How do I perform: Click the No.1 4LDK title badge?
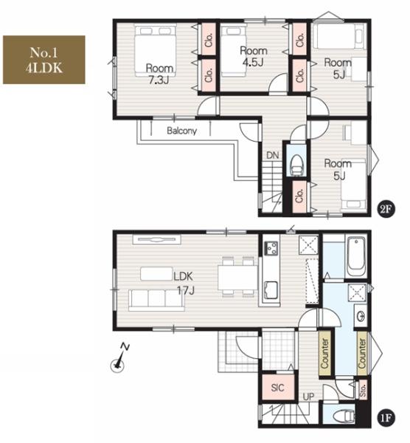(44, 60)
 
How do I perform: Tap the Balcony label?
(181, 131)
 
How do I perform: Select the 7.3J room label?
(159, 75)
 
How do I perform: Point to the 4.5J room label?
(254, 57)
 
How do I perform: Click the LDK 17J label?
(184, 283)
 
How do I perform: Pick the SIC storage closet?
(278, 388)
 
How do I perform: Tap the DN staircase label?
(273, 155)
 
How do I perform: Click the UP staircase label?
(308, 396)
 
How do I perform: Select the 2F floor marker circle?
(386, 210)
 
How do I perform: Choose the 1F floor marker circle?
(386, 418)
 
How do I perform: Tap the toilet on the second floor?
(296, 165)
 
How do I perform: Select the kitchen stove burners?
(271, 249)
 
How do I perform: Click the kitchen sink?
(271, 291)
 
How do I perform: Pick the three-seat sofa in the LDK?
(156, 300)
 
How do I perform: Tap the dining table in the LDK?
(237, 278)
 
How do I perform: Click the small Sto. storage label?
(363, 390)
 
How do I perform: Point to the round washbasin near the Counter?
(361, 316)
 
